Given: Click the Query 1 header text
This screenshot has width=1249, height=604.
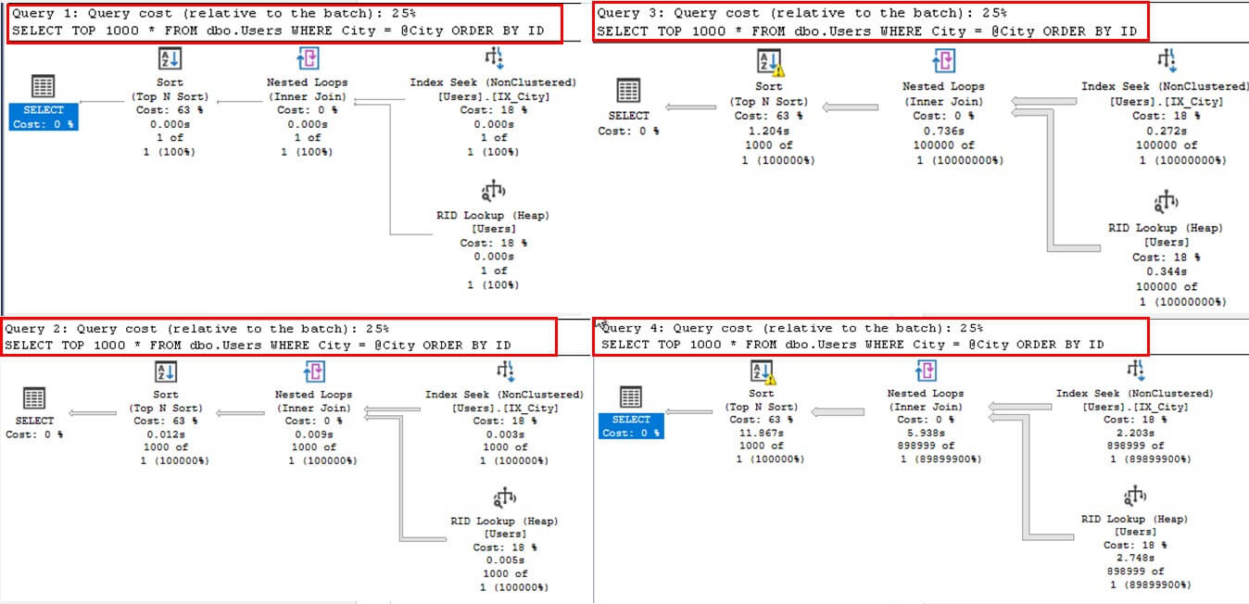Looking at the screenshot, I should tap(213, 14).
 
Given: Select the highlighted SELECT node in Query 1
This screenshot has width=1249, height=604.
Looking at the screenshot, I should tap(43, 116).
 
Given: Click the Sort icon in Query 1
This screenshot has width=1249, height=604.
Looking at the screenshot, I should tap(169, 59).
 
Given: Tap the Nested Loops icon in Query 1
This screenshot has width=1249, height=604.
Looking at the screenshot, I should tap(307, 60).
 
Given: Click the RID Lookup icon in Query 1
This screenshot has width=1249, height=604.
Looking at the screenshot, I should tap(492, 193).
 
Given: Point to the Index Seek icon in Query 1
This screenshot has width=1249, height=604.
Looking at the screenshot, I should tap(492, 60).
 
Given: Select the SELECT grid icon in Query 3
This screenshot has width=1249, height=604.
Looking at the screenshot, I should tap(628, 90).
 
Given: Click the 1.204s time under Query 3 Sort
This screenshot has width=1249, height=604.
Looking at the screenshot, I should tap(768, 131).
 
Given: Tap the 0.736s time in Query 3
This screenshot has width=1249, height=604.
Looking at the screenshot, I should tap(942, 131).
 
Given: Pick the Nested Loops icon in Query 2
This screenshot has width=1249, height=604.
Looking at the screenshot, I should tap(313, 372).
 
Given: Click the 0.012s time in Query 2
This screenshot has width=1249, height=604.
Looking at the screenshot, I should tap(166, 434).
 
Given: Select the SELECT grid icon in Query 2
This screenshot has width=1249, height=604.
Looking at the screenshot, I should tap(34, 398).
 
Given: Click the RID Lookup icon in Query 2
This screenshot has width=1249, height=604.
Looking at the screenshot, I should tap(505, 498).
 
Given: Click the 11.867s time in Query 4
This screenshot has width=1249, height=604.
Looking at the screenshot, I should tap(762, 433).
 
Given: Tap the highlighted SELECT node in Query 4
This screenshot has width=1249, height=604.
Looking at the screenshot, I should tap(630, 425).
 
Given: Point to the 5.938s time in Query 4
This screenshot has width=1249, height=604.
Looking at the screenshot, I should tap(925, 433).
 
